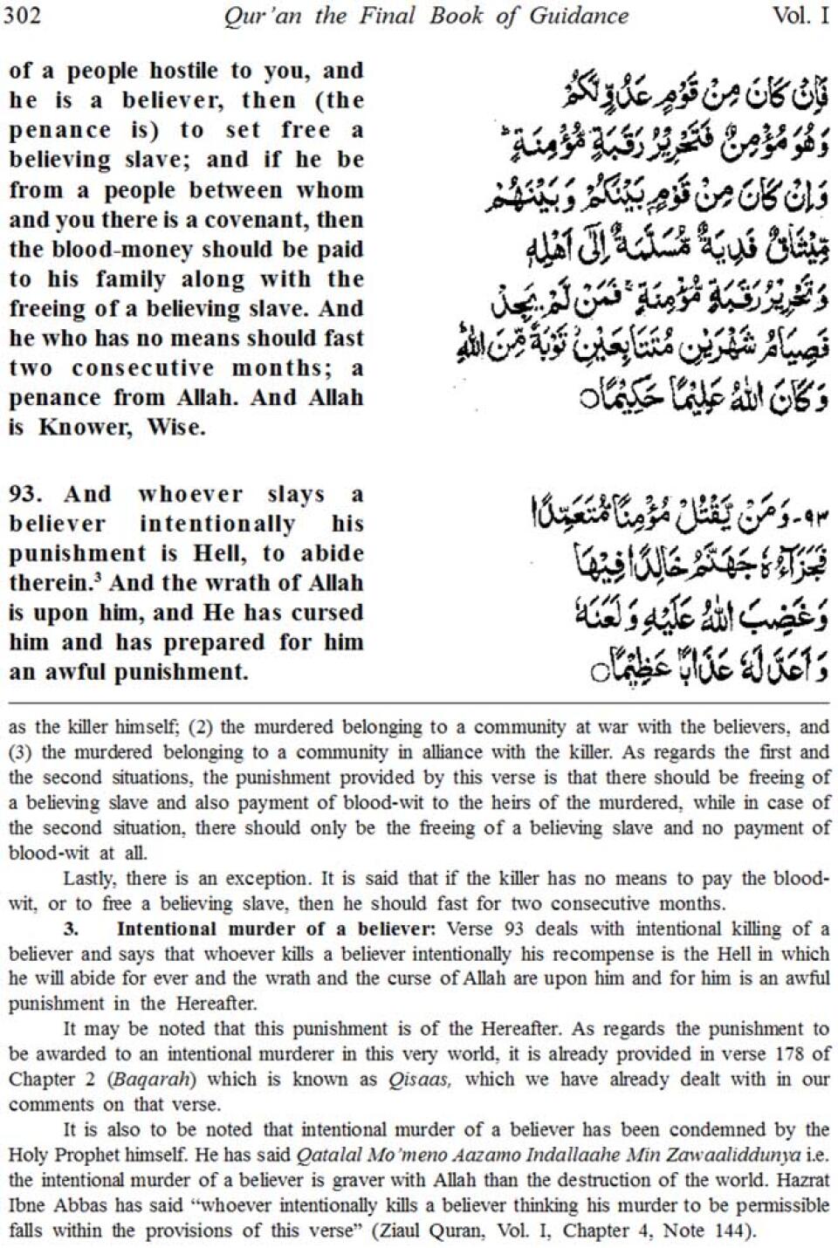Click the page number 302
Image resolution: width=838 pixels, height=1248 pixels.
click(x=22, y=17)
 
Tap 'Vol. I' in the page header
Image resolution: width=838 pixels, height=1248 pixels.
click(x=800, y=17)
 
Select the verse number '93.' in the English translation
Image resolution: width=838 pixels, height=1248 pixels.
click(x=25, y=494)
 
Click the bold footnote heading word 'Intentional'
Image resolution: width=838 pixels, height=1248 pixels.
click(x=167, y=929)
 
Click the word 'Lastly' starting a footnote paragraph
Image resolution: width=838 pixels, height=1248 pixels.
click(x=90, y=878)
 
